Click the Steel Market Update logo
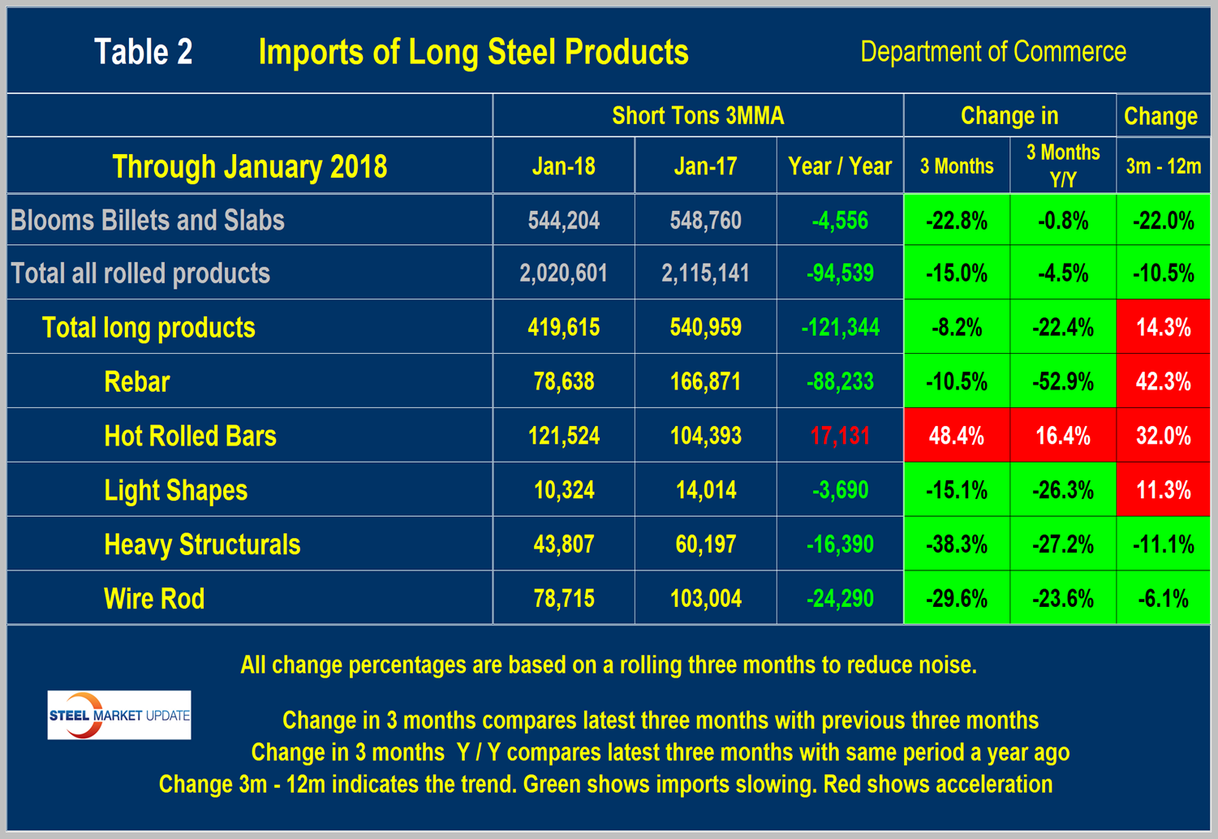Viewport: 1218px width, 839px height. pyautogui.click(x=119, y=715)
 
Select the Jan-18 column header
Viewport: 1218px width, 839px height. pyautogui.click(x=563, y=166)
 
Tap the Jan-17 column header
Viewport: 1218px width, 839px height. pyautogui.click(x=705, y=166)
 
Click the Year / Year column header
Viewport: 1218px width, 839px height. pyautogui.click(x=840, y=166)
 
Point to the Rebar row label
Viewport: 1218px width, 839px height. pyautogui.click(x=137, y=381)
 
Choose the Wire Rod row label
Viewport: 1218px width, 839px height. pyautogui.click(x=154, y=599)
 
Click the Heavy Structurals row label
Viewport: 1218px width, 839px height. pyautogui.click(x=202, y=544)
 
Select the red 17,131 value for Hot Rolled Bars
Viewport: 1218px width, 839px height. pyautogui.click(x=840, y=436)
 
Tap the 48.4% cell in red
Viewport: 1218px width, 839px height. pyautogui.click(x=957, y=436)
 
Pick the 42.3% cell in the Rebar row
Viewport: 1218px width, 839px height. pyautogui.click(x=1163, y=381)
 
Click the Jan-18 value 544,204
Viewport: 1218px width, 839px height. pyautogui.click(x=563, y=220)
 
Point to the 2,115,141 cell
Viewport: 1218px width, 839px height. pyautogui.click(x=705, y=273)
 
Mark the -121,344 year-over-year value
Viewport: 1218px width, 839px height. pyautogui.click(x=840, y=328)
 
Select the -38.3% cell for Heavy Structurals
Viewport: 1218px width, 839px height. pyautogui.click(x=957, y=544)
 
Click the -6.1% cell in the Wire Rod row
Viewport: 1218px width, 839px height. pyautogui.click(x=1163, y=599)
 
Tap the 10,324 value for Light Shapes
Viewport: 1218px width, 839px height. pyautogui.click(x=563, y=490)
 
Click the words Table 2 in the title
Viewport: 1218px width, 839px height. pyautogui.click(x=144, y=52)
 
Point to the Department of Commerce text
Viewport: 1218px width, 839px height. pyautogui.click(x=992, y=52)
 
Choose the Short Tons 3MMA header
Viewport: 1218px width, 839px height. pyautogui.click(x=698, y=115)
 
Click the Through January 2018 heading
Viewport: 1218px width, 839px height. pyautogui.click(x=249, y=166)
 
